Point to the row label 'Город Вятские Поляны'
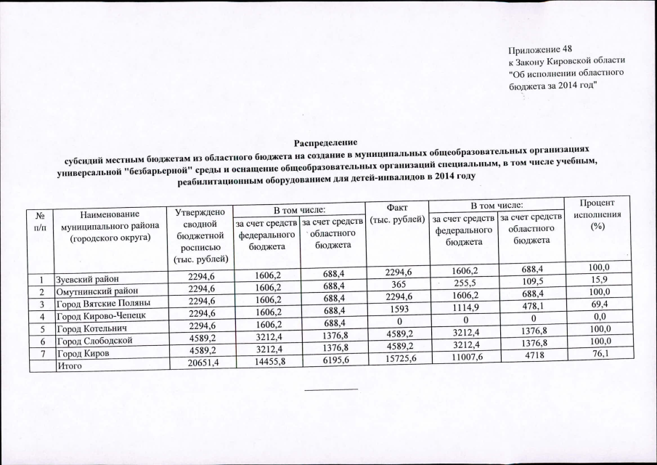103,304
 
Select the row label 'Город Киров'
84,355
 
